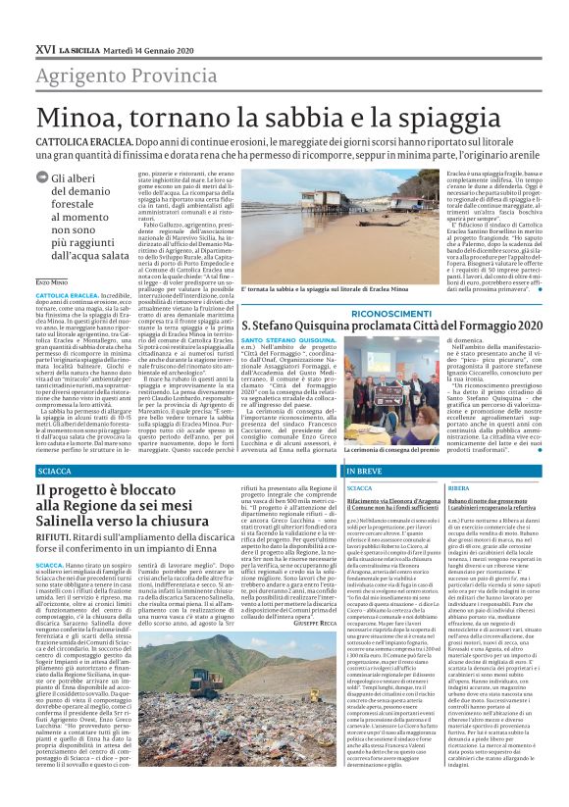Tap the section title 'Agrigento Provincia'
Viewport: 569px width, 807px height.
click(113, 75)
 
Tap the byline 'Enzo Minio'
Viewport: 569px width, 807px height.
click(52, 281)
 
